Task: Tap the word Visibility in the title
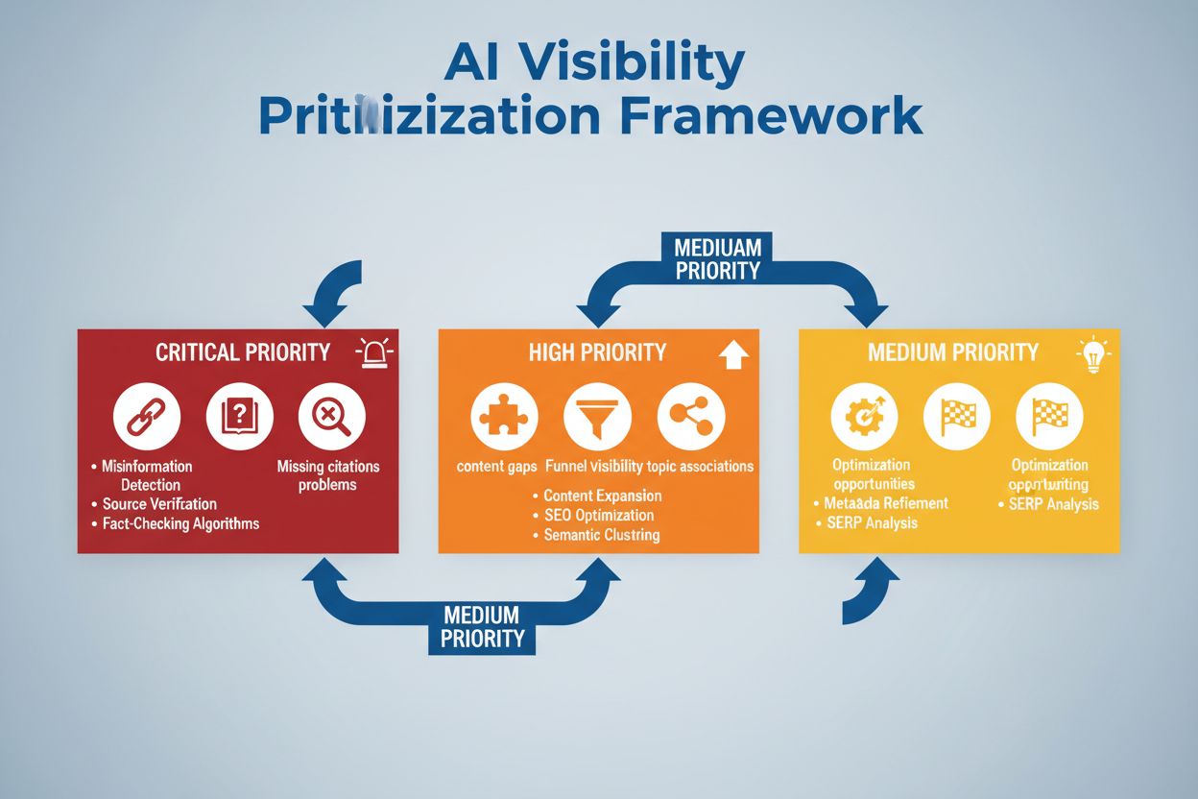(645, 63)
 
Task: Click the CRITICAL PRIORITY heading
(243, 352)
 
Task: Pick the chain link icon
(147, 417)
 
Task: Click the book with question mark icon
(240, 417)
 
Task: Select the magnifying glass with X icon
(331, 417)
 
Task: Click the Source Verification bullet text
(159, 504)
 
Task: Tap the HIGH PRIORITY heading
(597, 352)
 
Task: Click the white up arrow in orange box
(732, 356)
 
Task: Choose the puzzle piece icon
(504, 417)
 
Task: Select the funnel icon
(597, 417)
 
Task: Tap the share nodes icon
(690, 417)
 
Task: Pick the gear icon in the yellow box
(864, 417)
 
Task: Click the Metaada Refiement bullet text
(886, 503)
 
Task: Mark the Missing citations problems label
(327, 475)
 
